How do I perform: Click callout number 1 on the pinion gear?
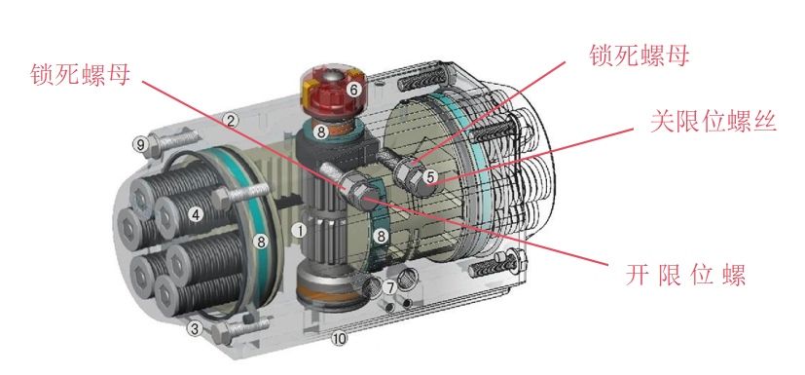coord(299,231)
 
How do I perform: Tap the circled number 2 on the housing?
coord(231,121)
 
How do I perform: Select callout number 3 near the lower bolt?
coord(195,328)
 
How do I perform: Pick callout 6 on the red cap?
coord(353,90)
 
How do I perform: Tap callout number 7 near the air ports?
coord(390,287)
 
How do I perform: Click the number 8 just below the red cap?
coord(321,133)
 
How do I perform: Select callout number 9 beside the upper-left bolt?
coord(140,145)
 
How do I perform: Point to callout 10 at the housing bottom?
coord(340,338)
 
